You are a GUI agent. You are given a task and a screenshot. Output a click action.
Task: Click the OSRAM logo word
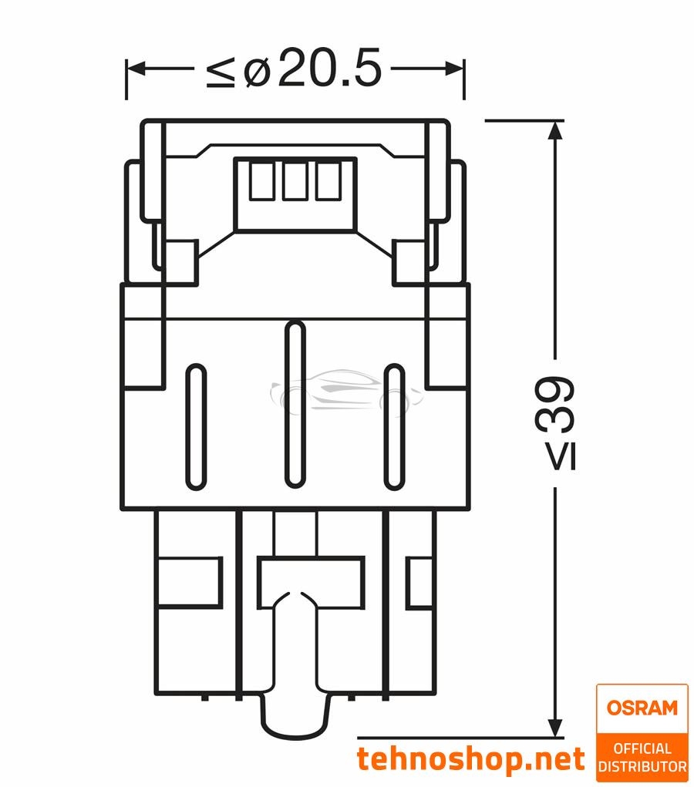click(641, 707)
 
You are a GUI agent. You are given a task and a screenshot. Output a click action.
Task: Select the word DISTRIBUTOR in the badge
click(642, 767)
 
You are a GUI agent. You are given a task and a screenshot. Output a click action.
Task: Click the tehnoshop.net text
click(470, 758)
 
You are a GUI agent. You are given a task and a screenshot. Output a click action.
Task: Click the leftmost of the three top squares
click(261, 181)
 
